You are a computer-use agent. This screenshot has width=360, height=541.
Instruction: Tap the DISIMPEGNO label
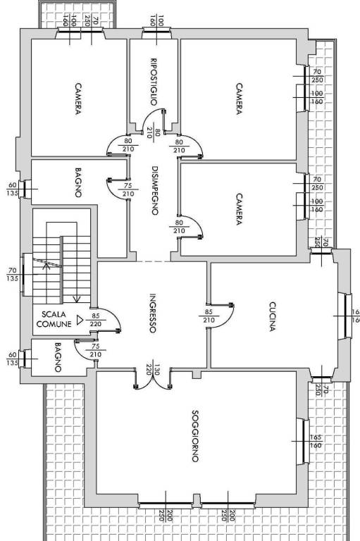tap(155, 191)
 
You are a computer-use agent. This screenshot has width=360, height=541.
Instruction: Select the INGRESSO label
tap(153, 313)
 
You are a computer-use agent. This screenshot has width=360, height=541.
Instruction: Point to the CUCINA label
tap(273, 317)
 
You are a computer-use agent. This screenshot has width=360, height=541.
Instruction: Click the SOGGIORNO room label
tap(195, 436)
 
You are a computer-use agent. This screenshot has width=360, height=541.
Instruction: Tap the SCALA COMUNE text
tap(54, 319)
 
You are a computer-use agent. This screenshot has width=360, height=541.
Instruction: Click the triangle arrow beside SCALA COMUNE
tap(80, 321)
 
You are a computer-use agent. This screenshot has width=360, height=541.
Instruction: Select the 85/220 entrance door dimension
tap(96, 320)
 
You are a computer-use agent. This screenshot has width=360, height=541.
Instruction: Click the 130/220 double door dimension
tap(153, 372)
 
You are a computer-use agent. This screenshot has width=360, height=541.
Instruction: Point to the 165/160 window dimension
tap(316, 441)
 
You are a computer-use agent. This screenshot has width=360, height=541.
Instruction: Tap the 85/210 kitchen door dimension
tap(209, 316)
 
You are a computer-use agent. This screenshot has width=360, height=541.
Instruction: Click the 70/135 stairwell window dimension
tap(13, 274)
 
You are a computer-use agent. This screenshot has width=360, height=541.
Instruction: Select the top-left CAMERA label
tap(78, 99)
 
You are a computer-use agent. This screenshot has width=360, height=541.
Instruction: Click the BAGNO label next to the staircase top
tap(78, 182)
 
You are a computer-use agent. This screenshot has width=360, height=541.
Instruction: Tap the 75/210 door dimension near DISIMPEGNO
tap(128, 189)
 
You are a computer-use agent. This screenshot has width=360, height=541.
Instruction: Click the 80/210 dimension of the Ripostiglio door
tap(154, 133)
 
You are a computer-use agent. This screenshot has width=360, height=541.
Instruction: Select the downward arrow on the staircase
tap(77, 299)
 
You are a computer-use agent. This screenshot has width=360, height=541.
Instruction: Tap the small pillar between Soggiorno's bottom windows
tap(197, 501)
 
